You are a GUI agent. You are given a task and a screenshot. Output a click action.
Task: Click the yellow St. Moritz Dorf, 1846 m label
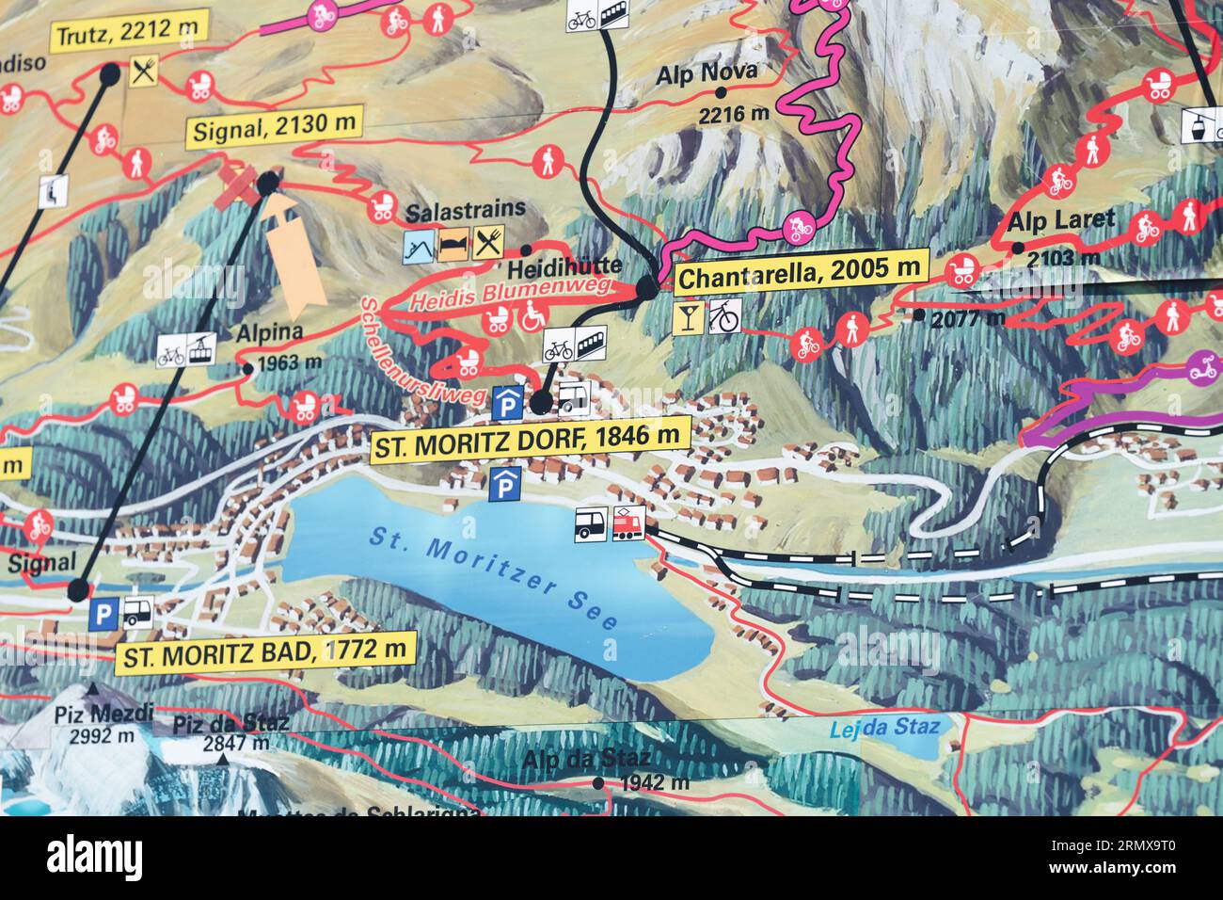530,439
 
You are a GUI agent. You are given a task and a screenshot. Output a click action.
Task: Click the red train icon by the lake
627,524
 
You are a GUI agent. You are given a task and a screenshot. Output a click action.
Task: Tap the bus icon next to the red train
592,524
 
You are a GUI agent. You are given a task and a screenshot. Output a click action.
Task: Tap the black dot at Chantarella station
647,287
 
